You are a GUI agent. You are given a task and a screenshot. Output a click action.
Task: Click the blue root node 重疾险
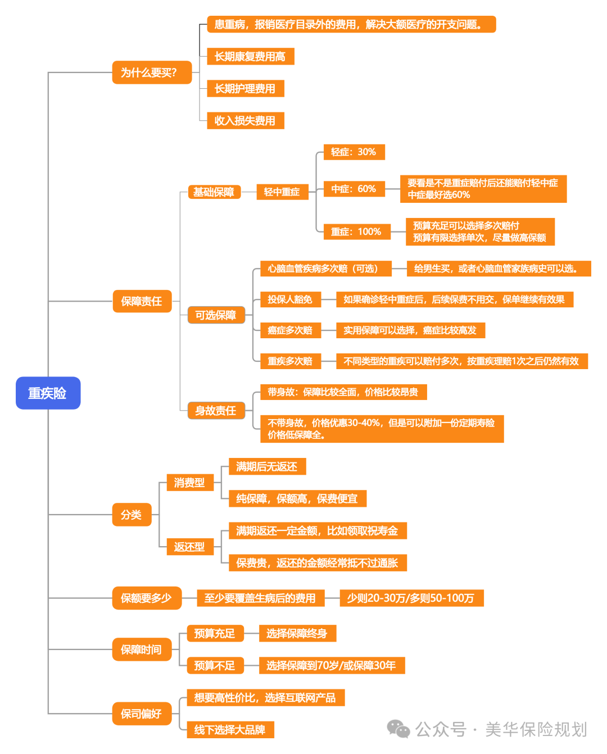pyautogui.click(x=48, y=393)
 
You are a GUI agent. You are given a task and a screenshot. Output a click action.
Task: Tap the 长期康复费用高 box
pyautogui.click(x=250, y=57)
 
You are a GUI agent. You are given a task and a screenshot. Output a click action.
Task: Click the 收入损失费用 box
pyautogui.click(x=245, y=121)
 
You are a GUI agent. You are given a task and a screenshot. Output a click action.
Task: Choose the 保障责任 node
pyautogui.click(x=142, y=302)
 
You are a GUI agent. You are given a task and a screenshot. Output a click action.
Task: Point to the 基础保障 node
pyautogui.click(x=214, y=192)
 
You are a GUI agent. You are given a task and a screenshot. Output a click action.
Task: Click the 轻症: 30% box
pyautogui.click(x=354, y=152)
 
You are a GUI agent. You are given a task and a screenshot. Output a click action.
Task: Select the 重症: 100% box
pyautogui.click(x=356, y=232)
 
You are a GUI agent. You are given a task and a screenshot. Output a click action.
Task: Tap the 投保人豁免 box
pyautogui.click(x=290, y=299)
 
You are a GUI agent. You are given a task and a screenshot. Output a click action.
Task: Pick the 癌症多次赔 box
pyautogui.click(x=290, y=330)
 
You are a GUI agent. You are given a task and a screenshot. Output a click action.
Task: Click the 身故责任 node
pyautogui.click(x=216, y=411)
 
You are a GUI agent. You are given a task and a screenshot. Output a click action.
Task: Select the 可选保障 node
pyautogui.click(x=216, y=315)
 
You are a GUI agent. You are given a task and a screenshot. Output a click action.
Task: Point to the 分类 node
pyautogui.click(x=132, y=515)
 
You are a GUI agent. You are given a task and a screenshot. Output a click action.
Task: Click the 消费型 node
pyautogui.click(x=190, y=483)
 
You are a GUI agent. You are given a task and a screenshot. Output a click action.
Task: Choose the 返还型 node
pyautogui.click(x=190, y=547)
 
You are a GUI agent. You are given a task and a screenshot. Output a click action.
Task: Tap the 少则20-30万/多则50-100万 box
pyautogui.click(x=411, y=598)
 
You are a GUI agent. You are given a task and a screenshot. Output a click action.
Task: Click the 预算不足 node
pyautogui.click(x=215, y=666)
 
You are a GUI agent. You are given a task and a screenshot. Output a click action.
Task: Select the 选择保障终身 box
pyautogui.click(x=297, y=634)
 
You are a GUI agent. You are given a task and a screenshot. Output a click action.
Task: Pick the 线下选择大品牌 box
pyautogui.click(x=230, y=730)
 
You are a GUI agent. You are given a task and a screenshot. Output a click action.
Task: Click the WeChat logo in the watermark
pyautogui.click(x=398, y=729)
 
